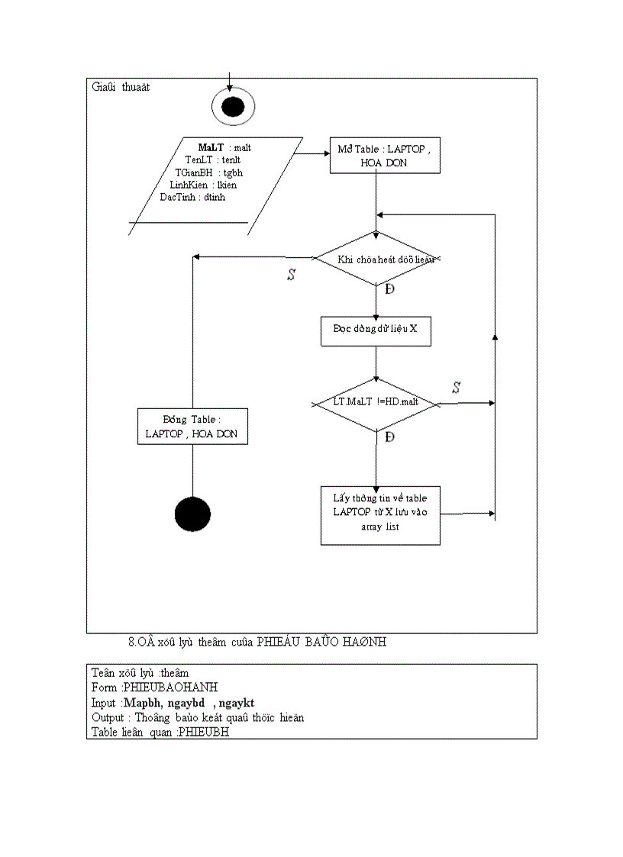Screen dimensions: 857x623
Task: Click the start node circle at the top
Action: coord(232,108)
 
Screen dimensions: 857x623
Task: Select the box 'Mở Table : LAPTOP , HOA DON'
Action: coord(385,156)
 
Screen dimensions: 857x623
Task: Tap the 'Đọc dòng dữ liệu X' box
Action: coord(376,329)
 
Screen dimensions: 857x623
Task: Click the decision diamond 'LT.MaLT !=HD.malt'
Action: coord(376,403)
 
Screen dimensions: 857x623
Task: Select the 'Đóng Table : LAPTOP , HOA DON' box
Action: coord(192,427)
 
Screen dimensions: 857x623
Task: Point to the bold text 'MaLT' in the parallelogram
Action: coord(211,147)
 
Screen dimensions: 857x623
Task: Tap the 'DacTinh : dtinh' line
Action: coord(192,197)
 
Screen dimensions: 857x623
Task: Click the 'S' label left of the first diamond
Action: coord(291,275)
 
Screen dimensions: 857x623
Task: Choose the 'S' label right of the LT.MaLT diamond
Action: coord(456,388)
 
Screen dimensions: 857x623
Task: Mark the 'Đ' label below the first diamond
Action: coord(389,290)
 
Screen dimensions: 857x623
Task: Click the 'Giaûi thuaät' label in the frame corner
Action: coord(121,87)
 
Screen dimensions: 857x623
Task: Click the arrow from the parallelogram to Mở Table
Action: coord(311,153)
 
